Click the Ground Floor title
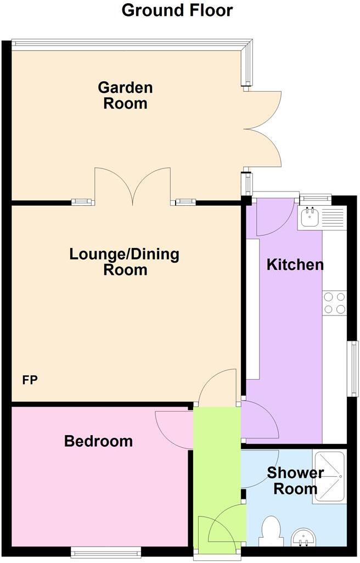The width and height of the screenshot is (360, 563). tap(177, 10)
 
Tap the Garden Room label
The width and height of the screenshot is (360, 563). tap(125, 95)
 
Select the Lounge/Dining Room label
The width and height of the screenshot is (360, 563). tap(125, 262)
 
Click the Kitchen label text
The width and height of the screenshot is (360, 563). tap(295, 264)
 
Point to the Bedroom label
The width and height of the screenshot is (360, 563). tap(98, 441)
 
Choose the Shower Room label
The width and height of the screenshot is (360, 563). tap(295, 481)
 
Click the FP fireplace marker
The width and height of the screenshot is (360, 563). tap(30, 380)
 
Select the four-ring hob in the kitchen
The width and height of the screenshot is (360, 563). tap(335, 303)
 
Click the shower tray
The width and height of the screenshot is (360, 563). tap(328, 477)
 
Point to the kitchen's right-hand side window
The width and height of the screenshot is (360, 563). tap(354, 368)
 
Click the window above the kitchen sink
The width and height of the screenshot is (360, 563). tap(316, 198)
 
